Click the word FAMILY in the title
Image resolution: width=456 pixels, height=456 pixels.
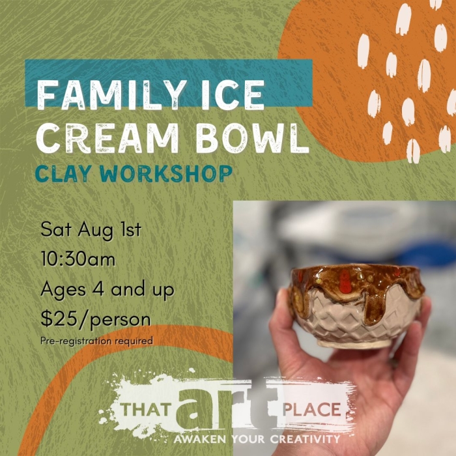(112, 95)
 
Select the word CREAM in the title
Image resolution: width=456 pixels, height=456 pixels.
(107, 138)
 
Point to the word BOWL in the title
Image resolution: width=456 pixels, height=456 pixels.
(252, 138)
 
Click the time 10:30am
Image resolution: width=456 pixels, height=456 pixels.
(78, 259)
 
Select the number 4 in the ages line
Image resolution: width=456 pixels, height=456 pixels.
(98, 289)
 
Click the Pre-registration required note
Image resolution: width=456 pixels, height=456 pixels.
(97, 341)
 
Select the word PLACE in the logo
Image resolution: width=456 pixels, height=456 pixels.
(312, 409)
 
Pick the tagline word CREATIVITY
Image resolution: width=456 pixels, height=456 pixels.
(305, 438)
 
